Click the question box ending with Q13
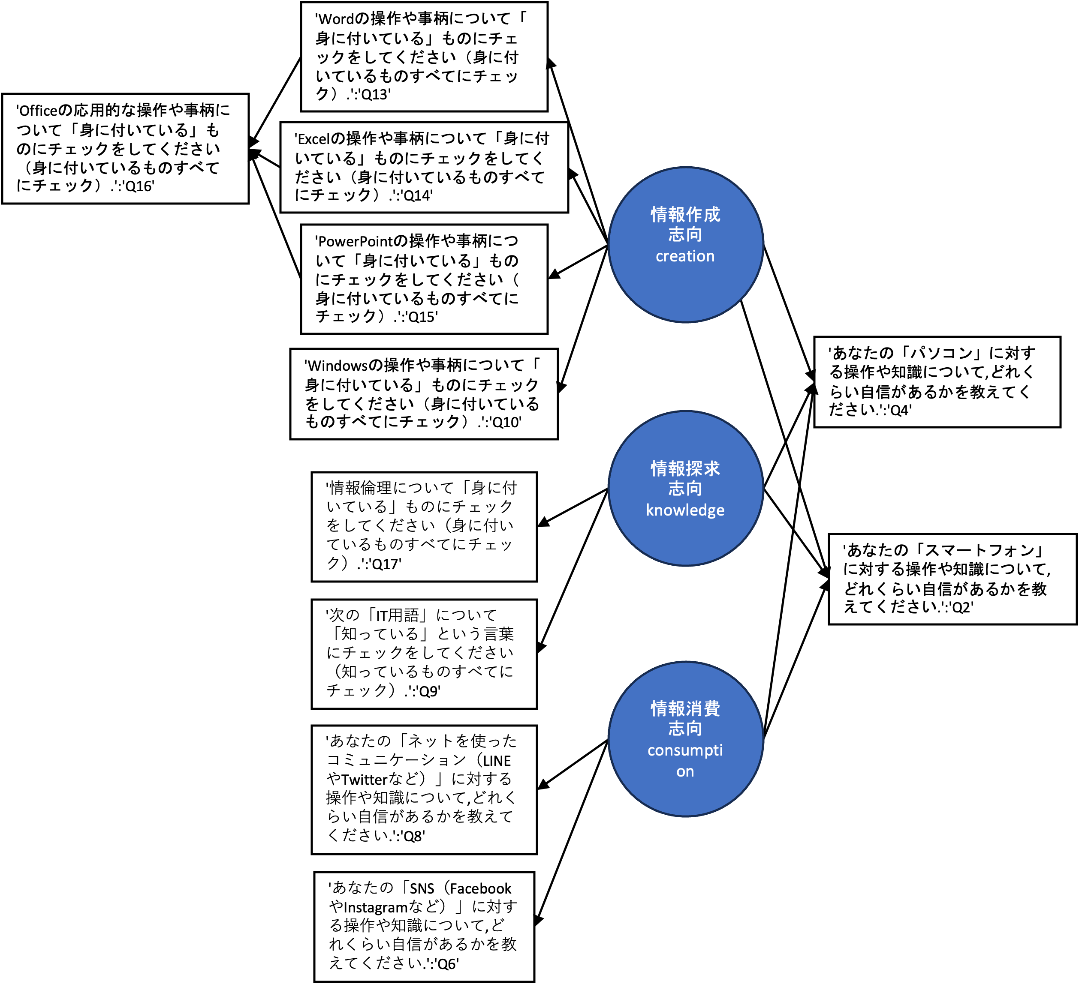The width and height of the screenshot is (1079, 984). (x=424, y=57)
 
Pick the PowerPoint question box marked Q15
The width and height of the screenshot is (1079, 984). (x=424, y=279)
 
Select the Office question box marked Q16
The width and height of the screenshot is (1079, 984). (x=125, y=149)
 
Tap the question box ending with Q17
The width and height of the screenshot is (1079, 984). (x=424, y=527)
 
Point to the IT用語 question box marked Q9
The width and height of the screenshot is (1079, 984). (x=424, y=654)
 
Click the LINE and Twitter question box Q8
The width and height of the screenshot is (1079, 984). (x=424, y=789)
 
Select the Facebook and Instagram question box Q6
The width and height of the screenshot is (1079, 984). (x=424, y=927)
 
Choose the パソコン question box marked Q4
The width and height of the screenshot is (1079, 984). (x=937, y=382)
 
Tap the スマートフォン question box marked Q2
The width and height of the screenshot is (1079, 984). (x=952, y=579)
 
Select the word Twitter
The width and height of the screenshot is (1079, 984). (x=365, y=780)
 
